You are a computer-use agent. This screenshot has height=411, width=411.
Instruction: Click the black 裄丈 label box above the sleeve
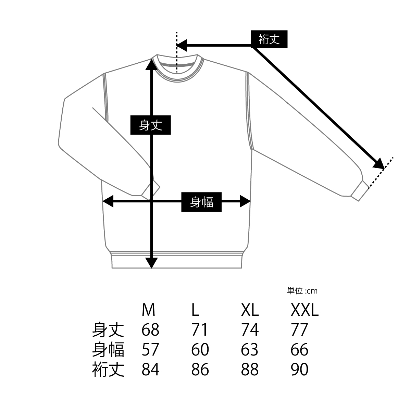pyautogui.click(x=269, y=39)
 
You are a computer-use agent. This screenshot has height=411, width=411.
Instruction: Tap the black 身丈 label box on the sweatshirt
pyautogui.click(x=151, y=125)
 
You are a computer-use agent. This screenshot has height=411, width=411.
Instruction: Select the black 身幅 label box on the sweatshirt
pyautogui.click(x=201, y=202)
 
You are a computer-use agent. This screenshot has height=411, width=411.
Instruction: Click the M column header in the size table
pyautogui.click(x=148, y=310)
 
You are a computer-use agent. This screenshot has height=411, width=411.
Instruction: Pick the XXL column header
pyautogui.click(x=304, y=310)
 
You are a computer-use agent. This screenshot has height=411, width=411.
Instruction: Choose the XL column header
pyautogui.click(x=250, y=310)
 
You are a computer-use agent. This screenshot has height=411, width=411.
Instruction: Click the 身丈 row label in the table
pyautogui.click(x=108, y=330)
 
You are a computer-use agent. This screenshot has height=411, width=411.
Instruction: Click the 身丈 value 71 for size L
pyautogui.click(x=200, y=330)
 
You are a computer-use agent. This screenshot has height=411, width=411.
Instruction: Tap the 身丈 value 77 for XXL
pyautogui.click(x=299, y=330)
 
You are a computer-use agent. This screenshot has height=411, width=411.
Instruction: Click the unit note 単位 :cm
pyautogui.click(x=302, y=291)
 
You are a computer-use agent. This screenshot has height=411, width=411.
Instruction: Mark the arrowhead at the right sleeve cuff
pyautogui.click(x=378, y=164)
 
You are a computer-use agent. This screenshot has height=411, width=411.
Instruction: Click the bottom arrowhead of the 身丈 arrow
pyautogui.click(x=151, y=263)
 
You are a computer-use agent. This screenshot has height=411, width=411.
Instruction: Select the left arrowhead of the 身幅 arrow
pyautogui.click(x=108, y=201)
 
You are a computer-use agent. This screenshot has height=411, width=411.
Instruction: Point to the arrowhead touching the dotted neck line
pyautogui.click(x=182, y=46)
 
